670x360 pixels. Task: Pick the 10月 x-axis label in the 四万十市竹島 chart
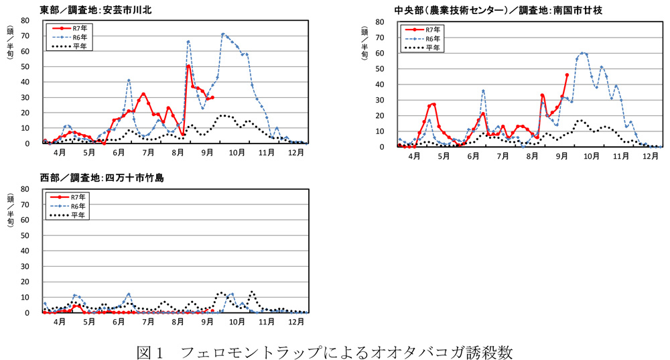pyautogui.click(x=236, y=322)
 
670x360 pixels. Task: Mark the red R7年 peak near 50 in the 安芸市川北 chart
pyautogui.click(x=188, y=66)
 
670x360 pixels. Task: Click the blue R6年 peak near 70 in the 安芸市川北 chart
pyautogui.click(x=223, y=34)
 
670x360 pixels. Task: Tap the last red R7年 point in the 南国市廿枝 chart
pyautogui.click(x=567, y=75)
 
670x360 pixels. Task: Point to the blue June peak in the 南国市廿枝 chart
pyautogui.click(x=483, y=91)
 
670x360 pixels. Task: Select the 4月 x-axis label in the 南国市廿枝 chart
pyautogui.click(x=413, y=156)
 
